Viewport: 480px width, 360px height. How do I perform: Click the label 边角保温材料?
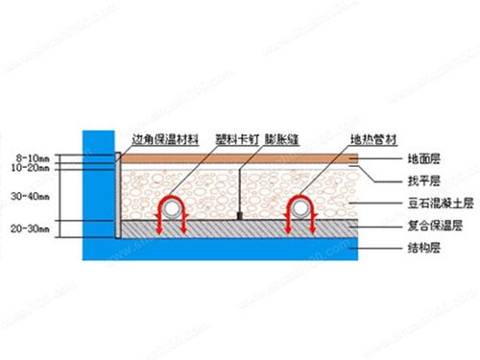pyautogui.click(x=162, y=136)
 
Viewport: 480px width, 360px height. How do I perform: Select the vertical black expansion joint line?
pyautogui.click(x=239, y=192)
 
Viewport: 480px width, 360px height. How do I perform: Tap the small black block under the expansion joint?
pyautogui.click(x=239, y=215)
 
